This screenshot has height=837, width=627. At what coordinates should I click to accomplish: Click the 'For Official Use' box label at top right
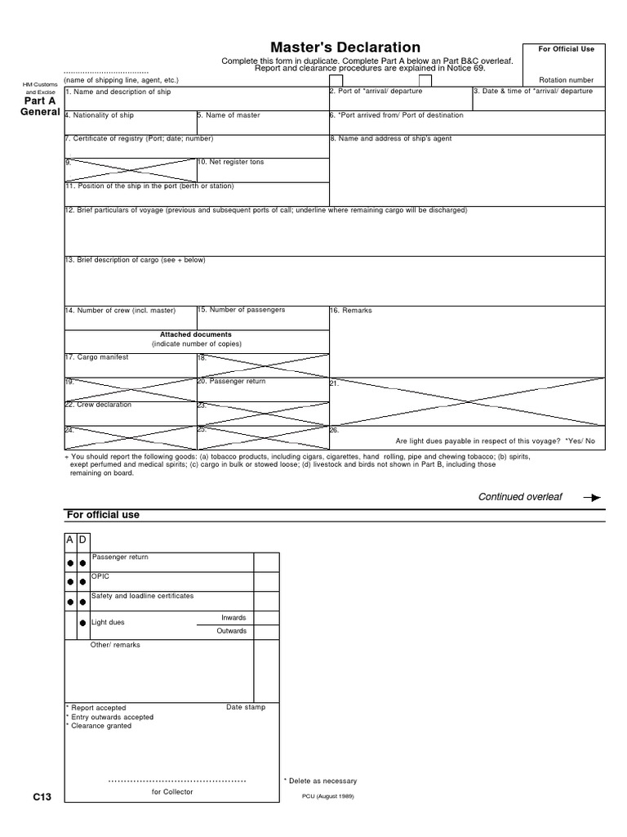point(566,49)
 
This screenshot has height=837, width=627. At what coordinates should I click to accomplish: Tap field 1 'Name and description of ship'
point(118,92)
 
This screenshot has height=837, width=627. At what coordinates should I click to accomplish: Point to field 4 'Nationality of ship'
point(99,115)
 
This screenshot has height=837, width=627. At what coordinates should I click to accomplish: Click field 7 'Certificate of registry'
point(139,139)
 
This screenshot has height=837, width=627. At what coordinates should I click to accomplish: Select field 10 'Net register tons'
point(231,162)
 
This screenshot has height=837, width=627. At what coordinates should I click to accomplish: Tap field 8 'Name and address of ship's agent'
point(390,139)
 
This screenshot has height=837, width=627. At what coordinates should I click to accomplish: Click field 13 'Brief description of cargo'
point(135,260)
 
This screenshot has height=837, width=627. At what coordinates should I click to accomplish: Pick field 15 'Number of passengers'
point(242,310)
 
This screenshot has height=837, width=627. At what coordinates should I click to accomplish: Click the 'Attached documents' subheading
point(196,334)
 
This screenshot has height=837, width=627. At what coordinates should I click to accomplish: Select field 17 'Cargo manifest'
point(97,357)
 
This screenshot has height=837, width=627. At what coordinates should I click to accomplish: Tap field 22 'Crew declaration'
point(98,405)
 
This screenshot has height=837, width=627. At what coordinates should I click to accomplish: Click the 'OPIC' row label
point(100,575)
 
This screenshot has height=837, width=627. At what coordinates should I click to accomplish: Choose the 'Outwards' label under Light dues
point(231,631)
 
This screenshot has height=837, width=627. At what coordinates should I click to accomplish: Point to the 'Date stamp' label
point(246,707)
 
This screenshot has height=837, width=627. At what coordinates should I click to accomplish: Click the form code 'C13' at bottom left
point(42,797)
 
